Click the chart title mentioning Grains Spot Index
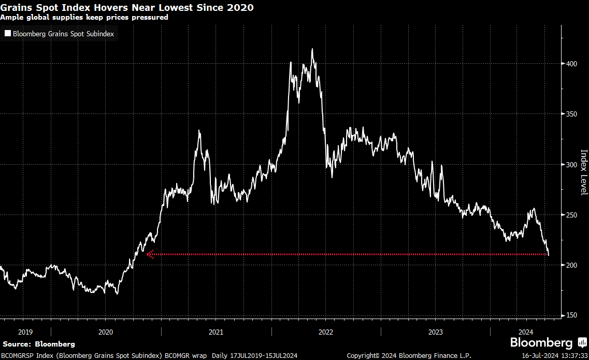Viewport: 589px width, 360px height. pos(127,8)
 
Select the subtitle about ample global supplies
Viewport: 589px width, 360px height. pos(84,17)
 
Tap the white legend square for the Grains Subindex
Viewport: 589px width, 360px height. pos(7,34)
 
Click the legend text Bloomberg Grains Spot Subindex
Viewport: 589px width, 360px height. pos(63,34)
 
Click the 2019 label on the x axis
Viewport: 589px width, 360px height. pos(25,332)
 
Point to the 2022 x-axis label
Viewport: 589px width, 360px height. pos(326,332)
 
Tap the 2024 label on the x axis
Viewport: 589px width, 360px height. pos(526,332)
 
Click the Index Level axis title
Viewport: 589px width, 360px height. pos(584,172)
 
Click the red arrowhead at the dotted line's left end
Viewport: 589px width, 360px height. pos(150,254)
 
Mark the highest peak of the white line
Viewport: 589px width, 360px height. pos(312,49)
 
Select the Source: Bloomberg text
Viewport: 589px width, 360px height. pos(39,344)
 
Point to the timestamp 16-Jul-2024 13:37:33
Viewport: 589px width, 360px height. pos(554,356)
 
